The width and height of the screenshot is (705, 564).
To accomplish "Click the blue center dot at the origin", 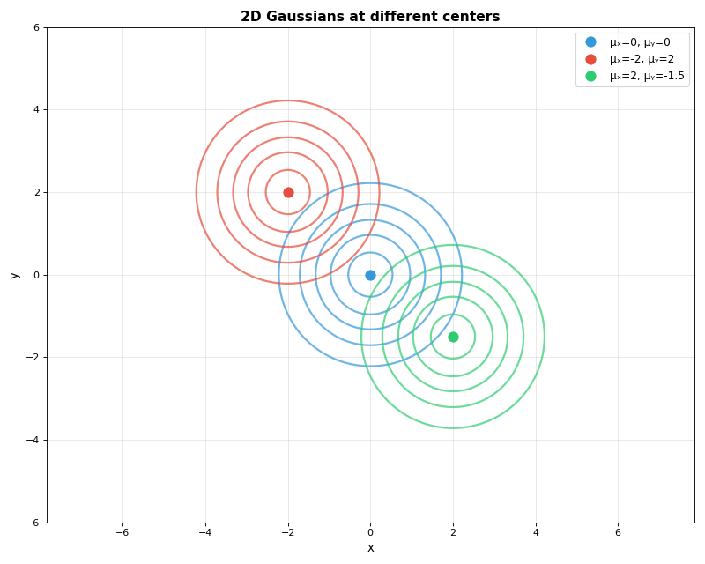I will [370, 275].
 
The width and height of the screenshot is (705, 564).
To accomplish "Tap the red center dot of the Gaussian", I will [288, 192].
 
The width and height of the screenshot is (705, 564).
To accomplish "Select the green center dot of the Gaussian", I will [453, 337].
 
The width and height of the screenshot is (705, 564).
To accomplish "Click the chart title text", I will [370, 17].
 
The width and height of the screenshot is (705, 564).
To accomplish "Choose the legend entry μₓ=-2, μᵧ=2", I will [642, 59].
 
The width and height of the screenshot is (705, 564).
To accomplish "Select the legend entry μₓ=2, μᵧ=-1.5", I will [646, 76].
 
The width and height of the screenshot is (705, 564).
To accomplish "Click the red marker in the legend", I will [590, 59].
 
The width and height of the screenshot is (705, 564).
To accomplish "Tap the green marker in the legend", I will [590, 76].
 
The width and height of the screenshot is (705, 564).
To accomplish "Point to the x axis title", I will [370, 548].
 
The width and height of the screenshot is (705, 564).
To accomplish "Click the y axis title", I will [14, 275].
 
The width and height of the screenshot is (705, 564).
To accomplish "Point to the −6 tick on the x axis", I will [122, 532].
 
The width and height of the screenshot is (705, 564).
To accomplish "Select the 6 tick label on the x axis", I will [618, 532].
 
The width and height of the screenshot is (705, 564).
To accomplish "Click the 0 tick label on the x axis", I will [370, 532].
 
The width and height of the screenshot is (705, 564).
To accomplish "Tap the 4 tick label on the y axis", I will [36, 110].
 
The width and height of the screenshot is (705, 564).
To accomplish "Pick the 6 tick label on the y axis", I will [36, 27].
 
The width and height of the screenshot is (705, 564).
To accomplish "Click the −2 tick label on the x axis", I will [287, 532].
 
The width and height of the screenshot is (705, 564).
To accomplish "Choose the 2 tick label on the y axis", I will [36, 192].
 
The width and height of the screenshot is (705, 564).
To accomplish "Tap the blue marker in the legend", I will [590, 42].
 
